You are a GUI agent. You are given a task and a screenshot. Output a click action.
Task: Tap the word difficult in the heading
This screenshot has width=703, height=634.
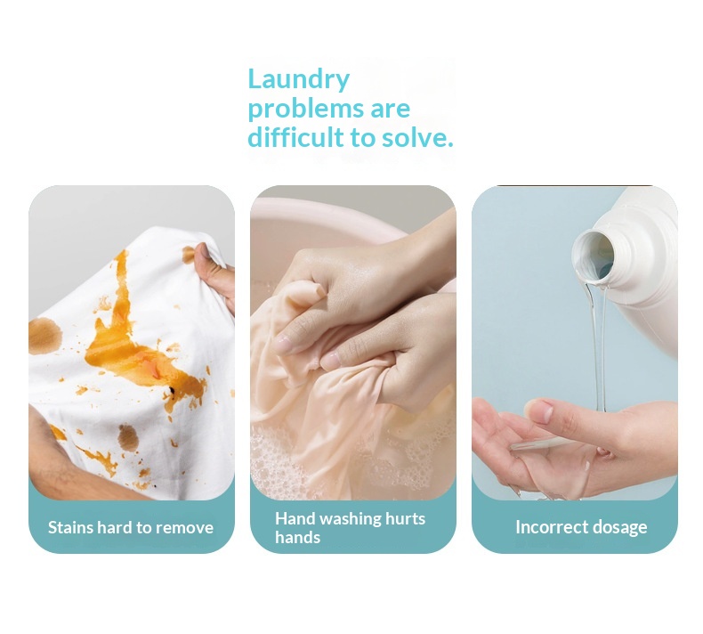296,137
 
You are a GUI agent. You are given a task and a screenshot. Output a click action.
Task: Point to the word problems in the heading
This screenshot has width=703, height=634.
305,110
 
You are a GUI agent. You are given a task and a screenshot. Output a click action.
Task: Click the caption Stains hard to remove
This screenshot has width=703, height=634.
131,527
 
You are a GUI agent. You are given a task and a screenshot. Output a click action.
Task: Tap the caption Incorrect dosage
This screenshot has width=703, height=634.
581,528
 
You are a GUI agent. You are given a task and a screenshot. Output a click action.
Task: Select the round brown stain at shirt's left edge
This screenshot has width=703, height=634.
44,336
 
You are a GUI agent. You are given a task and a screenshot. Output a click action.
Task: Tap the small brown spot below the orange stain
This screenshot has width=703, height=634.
128,437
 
